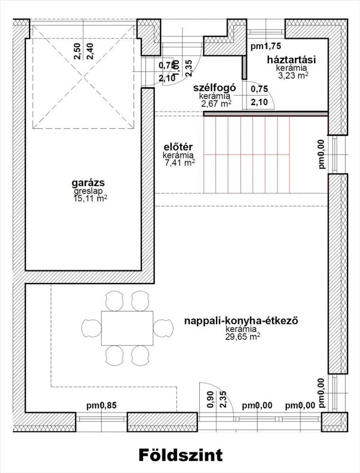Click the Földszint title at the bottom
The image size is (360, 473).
181,455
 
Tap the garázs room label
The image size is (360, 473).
88,183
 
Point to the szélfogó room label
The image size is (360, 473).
215,88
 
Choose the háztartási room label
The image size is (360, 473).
291,60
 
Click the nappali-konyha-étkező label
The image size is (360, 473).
241,321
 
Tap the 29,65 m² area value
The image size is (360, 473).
243,336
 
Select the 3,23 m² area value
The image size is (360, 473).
293,75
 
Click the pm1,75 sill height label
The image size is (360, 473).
266,46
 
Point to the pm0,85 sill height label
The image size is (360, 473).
101,406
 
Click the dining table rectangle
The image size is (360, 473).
127,328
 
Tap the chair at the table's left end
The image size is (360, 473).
91,328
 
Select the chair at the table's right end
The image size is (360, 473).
163,328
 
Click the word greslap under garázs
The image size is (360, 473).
88,191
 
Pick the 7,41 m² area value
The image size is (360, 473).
179,163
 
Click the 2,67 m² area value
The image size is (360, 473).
216,104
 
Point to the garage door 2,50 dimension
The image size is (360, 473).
78,51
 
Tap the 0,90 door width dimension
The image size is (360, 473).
211,399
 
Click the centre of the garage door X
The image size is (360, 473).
83,77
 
